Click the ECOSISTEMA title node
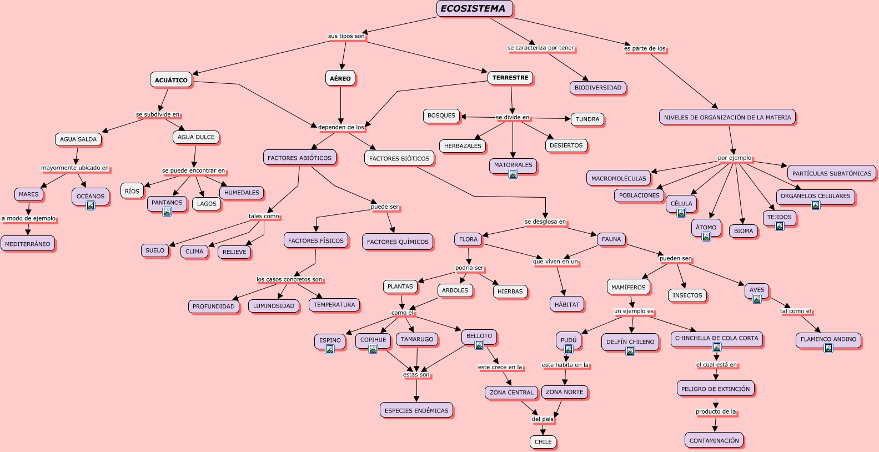(474, 9)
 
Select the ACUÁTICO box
(171, 80)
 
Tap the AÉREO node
(340, 78)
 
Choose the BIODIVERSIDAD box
(598, 88)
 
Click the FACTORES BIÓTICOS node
(399, 158)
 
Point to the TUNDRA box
(587, 119)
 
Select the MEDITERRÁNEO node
(28, 244)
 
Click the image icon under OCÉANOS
(91, 205)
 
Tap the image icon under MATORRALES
(513, 174)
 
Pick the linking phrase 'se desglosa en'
(545, 222)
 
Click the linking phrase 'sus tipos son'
(346, 36)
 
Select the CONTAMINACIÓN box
(714, 440)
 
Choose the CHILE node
(543, 442)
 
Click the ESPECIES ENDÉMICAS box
(416, 410)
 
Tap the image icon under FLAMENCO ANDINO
(828, 348)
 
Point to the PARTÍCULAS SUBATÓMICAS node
(832, 173)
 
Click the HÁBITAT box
(567, 304)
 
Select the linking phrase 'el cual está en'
(716, 365)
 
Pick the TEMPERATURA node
(334, 305)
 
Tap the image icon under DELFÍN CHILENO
(630, 351)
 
